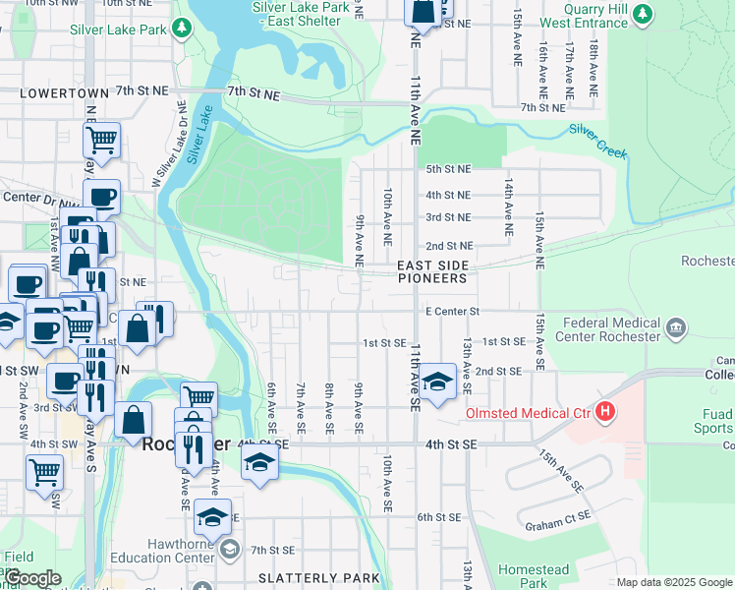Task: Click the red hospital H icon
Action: coord(605,411)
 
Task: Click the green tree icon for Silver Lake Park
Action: coord(182,29)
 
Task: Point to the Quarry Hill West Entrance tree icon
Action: coord(643,13)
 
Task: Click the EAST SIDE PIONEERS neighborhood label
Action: coord(431,272)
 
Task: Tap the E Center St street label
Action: coord(451,312)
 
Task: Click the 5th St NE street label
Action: coord(447,169)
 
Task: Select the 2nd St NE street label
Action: coord(449,246)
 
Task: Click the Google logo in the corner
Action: coord(32,578)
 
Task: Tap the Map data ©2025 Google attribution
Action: coord(674,582)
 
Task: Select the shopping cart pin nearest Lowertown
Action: coord(101,140)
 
